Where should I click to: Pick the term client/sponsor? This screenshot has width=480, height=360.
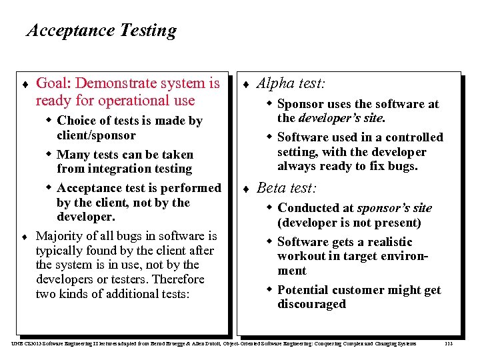point(96,135)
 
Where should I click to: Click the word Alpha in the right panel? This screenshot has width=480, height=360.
point(274,83)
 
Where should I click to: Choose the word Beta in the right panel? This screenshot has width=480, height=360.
point(270,189)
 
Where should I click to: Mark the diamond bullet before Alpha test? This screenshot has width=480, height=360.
point(245,85)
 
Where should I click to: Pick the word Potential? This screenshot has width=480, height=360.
point(305,290)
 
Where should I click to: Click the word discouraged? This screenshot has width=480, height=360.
point(311,305)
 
